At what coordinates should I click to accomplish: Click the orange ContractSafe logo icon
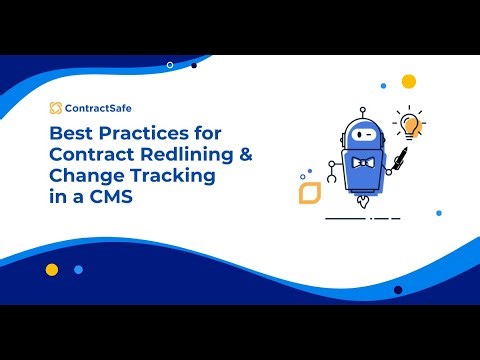pyautogui.click(x=55, y=108)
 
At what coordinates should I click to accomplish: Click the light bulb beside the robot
pyautogui.click(x=409, y=124)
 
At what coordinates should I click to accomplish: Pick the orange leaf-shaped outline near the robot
pyautogui.click(x=309, y=191)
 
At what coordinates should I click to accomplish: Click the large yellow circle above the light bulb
pyautogui.click(x=408, y=81)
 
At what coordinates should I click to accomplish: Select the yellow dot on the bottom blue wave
pyautogui.click(x=52, y=269)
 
